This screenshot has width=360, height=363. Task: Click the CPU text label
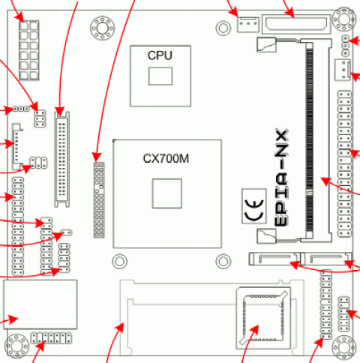click(160, 55)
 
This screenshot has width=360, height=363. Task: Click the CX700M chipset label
click(166, 158)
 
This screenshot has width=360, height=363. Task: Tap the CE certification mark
click(253, 206)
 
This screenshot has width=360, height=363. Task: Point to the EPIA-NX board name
click(281, 178)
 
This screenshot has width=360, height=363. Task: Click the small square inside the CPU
click(160, 76)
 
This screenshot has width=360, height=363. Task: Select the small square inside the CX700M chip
click(167, 193)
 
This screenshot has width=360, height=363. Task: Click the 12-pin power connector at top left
click(29, 50)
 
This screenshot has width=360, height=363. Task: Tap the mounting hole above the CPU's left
click(103, 28)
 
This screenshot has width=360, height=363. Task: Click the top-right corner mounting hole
click(344, 19)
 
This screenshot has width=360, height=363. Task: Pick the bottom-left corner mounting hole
click(16, 346)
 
